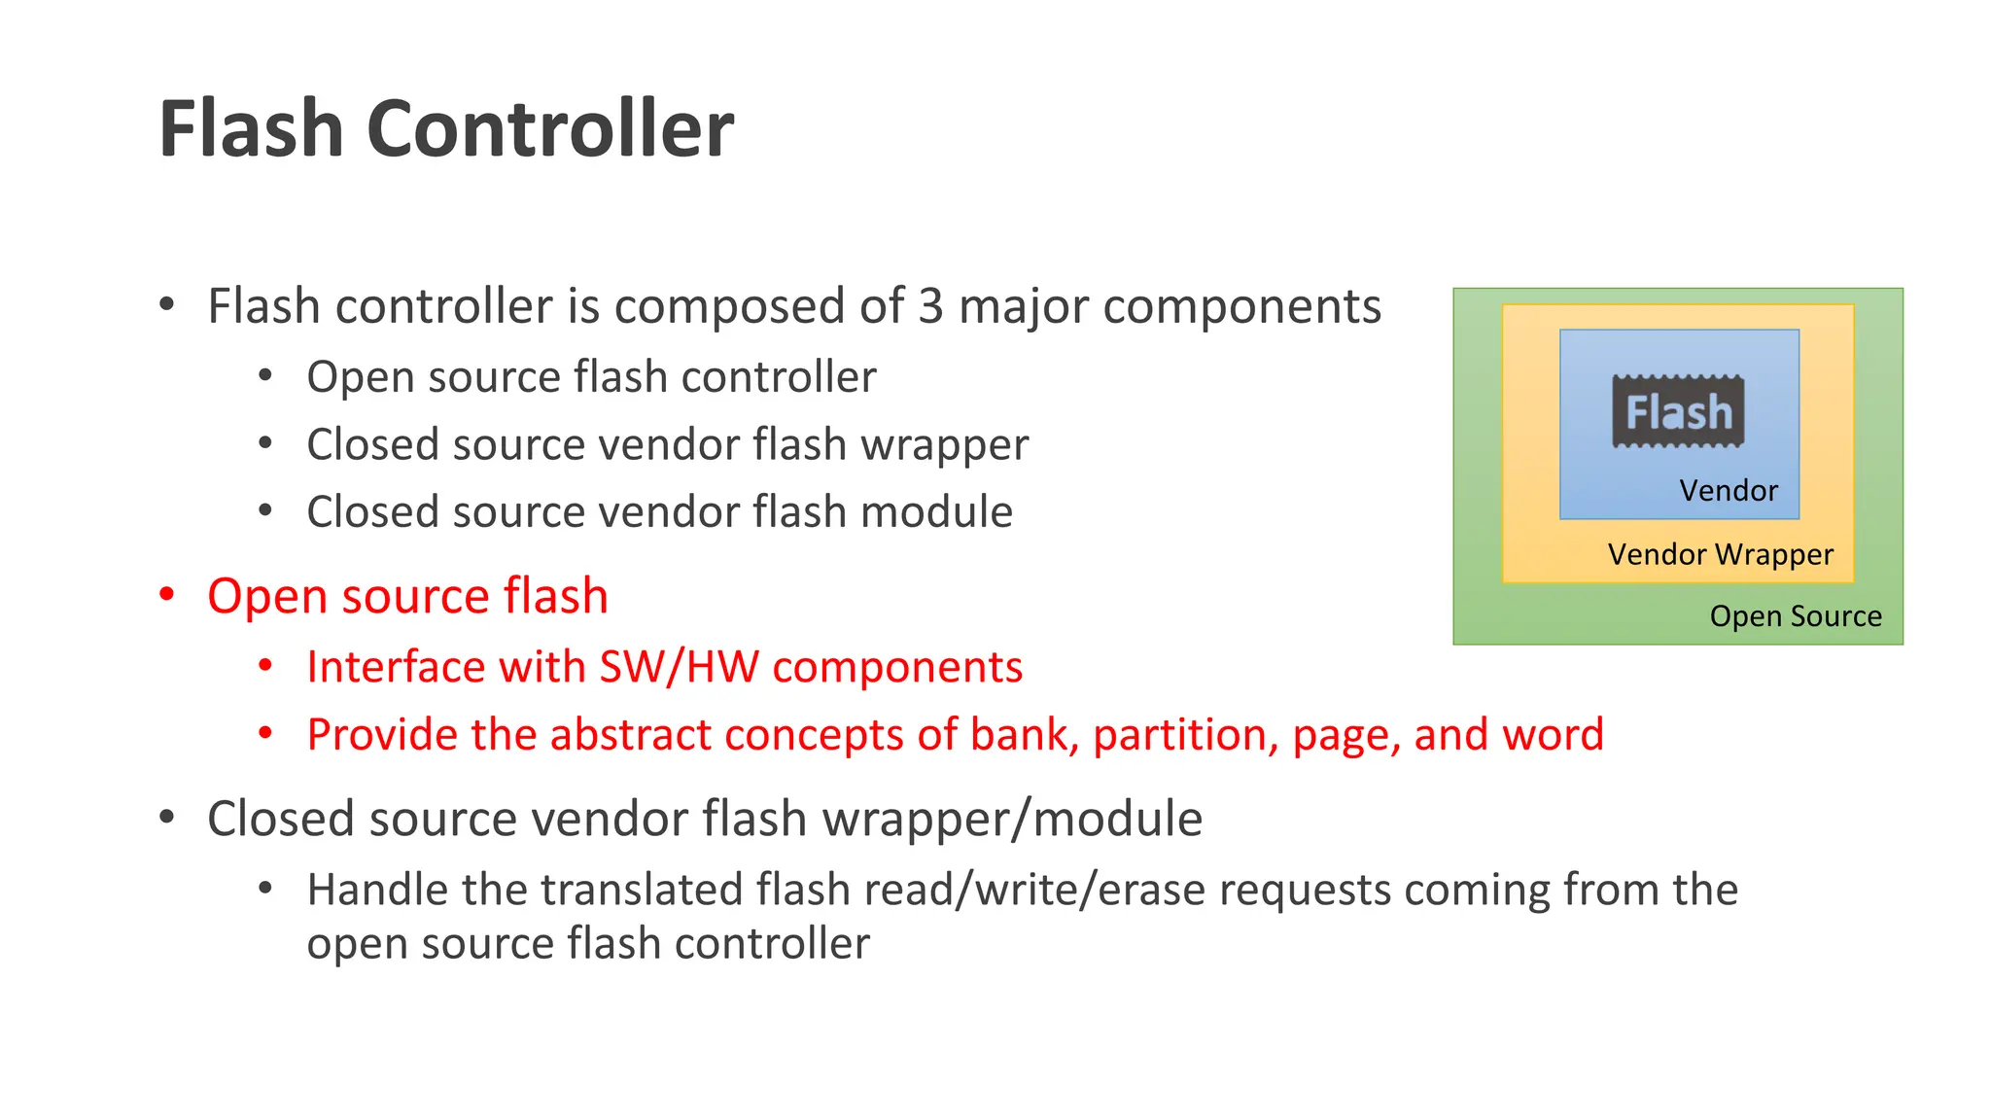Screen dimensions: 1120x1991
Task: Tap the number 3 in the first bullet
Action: click(x=930, y=307)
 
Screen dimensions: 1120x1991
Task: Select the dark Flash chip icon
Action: click(x=1678, y=411)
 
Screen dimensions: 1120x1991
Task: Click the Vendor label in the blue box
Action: click(x=1728, y=490)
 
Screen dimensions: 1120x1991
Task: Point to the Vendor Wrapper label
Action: click(x=1720, y=554)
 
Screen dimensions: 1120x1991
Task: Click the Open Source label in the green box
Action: click(x=1796, y=616)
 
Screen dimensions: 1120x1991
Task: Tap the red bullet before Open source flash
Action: click(x=167, y=594)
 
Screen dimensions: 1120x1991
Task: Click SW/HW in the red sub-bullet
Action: click(x=680, y=667)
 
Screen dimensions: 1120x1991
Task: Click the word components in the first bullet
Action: click(x=1241, y=307)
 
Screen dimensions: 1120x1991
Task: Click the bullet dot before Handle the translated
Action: click(x=265, y=888)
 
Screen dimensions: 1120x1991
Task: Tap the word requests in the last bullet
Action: click(x=1305, y=890)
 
